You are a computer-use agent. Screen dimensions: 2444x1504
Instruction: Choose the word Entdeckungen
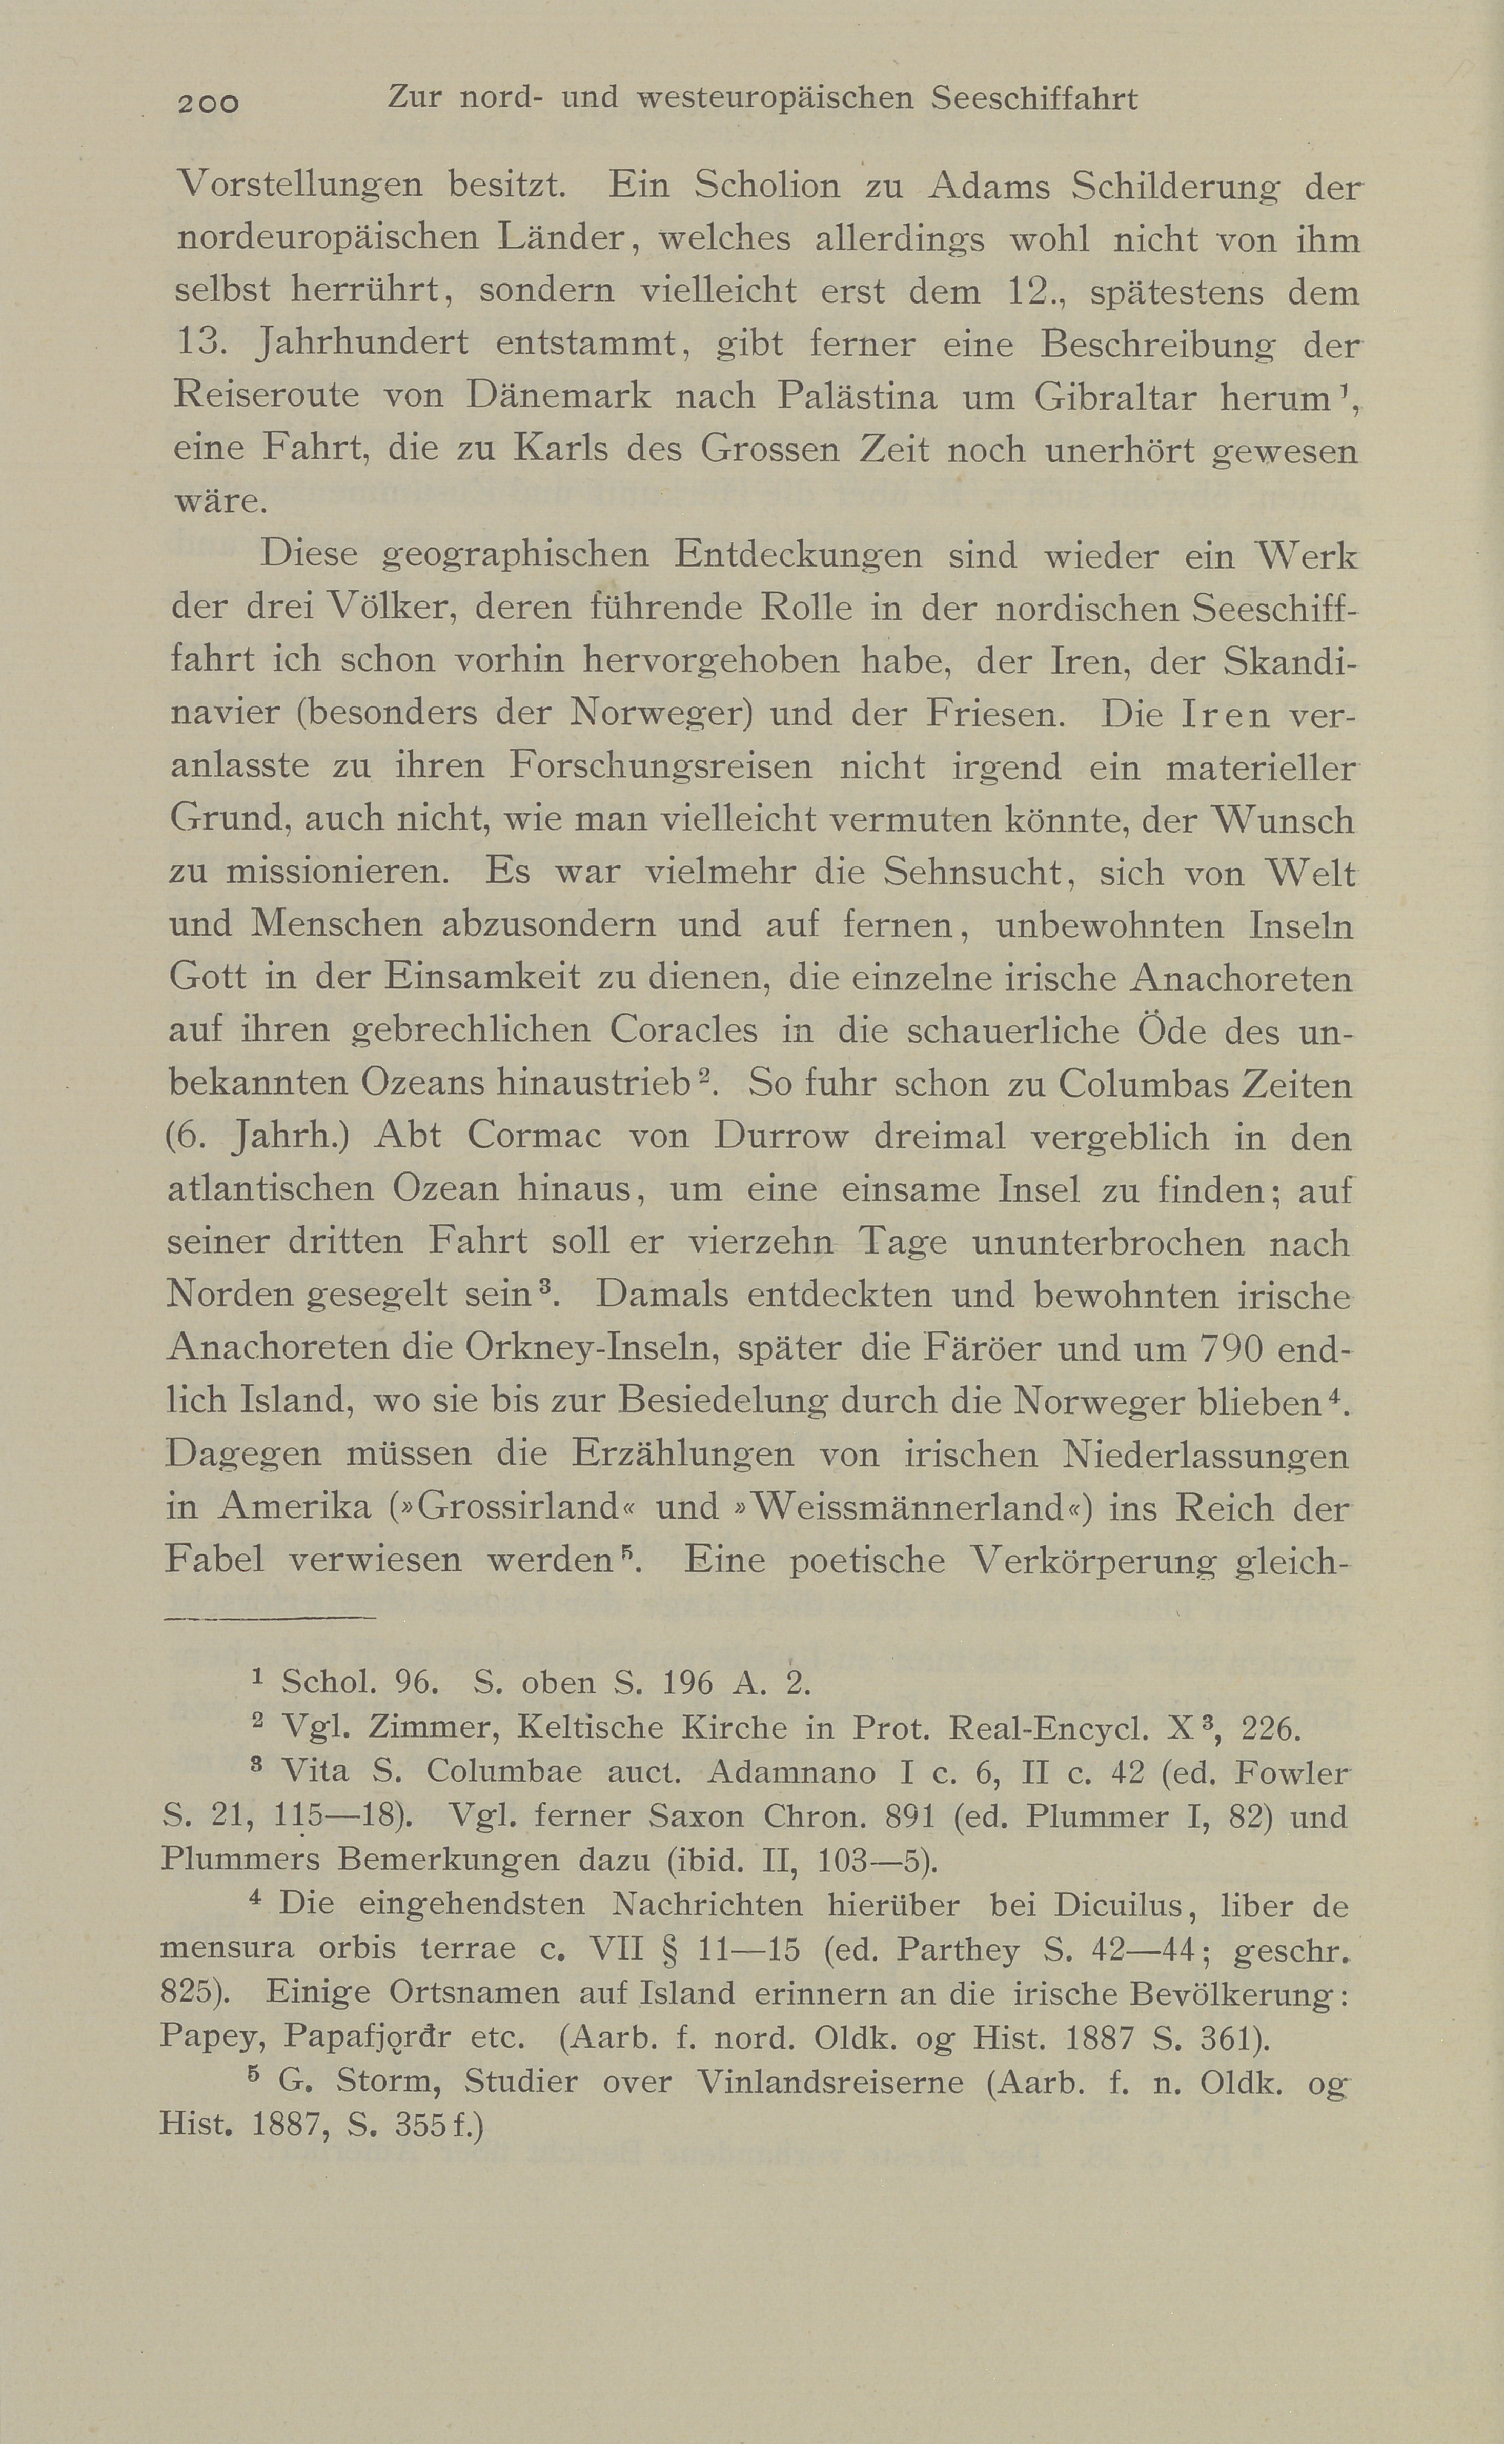pos(798,554)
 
